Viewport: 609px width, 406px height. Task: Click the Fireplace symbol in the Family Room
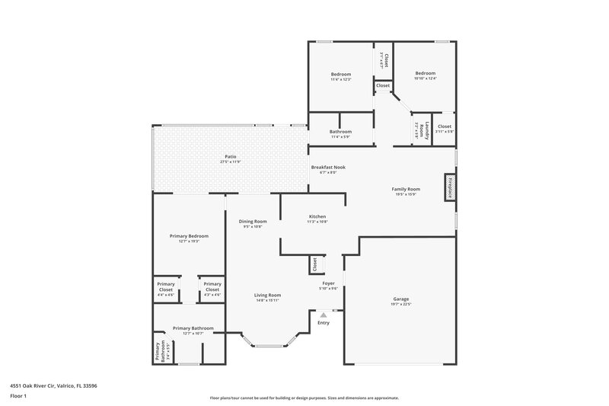point(450,188)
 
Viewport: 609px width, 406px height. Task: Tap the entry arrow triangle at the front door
point(324,314)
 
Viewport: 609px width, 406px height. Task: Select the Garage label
point(401,299)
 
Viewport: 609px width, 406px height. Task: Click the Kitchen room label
point(317,217)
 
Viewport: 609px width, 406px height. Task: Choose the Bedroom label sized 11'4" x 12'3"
point(340,74)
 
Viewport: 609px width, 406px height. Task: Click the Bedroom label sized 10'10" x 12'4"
point(425,74)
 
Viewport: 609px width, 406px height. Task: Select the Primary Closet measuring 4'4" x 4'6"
point(166,287)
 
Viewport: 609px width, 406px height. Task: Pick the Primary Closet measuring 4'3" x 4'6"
point(212,287)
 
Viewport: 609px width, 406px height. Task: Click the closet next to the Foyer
point(314,264)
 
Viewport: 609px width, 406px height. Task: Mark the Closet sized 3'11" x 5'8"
point(445,126)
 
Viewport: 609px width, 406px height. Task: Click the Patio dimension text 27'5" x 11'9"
point(230,162)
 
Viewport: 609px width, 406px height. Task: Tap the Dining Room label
point(252,221)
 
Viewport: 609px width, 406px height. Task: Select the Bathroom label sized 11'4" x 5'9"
point(340,131)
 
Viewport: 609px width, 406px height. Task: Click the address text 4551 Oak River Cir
point(53,385)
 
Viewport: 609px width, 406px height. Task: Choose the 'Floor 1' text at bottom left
point(18,397)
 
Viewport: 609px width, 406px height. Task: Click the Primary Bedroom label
point(188,236)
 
